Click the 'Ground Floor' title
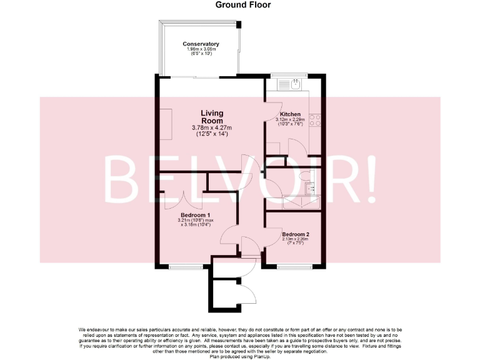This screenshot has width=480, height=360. point(243,4)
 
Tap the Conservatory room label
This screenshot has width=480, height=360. point(201,44)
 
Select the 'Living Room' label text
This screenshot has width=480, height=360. point(212,117)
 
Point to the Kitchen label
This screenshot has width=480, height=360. point(290,114)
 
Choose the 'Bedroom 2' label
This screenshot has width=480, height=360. point(296,235)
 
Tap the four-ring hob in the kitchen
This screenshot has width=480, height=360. point(315,119)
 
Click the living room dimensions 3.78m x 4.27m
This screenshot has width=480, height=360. point(212,128)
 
